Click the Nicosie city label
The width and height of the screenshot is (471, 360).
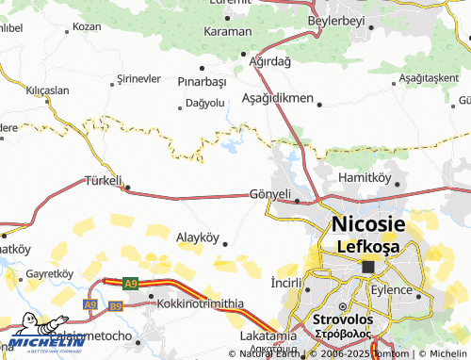[367, 225]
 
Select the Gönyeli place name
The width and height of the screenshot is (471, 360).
[272, 193]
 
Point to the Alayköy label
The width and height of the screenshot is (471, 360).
[198, 237]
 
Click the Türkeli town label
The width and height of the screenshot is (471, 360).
[104, 180]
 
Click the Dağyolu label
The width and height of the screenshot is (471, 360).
[205, 102]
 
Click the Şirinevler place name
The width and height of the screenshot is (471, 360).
[138, 78]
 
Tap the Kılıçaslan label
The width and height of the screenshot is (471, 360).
[48, 90]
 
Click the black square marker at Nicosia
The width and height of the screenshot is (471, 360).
[368, 268]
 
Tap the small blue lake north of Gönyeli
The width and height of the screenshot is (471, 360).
[230, 145]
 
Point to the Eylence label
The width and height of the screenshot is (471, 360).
[418, 289]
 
